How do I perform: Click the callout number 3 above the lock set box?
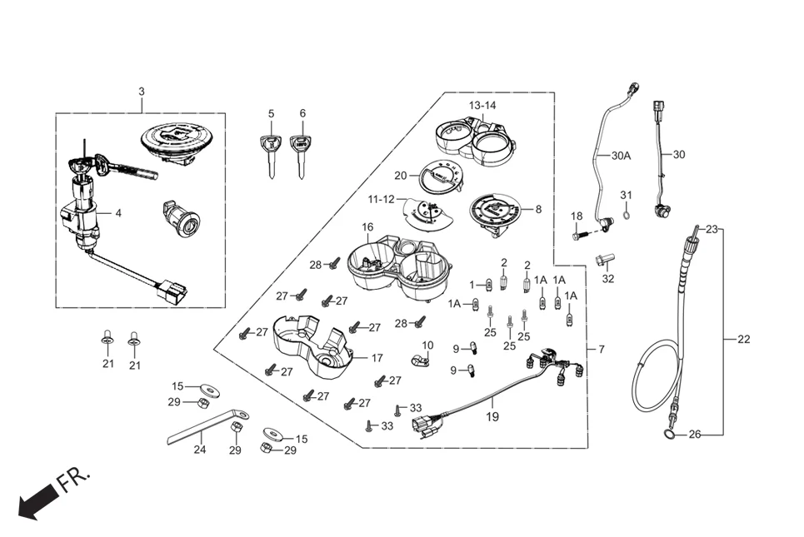(x=141, y=90)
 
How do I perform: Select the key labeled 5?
(x=271, y=154)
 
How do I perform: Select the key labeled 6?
(x=302, y=154)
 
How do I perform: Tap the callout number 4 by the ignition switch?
(x=118, y=213)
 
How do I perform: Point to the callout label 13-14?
(x=482, y=106)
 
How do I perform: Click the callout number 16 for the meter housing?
(x=367, y=226)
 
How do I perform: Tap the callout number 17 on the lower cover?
(x=377, y=358)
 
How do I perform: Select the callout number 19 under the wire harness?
(x=492, y=416)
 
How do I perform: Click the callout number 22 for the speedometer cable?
(x=743, y=339)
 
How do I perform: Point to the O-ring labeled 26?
(x=670, y=434)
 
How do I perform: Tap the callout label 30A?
(x=621, y=156)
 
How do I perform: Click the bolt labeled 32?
(x=606, y=260)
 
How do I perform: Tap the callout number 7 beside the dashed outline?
(x=602, y=348)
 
